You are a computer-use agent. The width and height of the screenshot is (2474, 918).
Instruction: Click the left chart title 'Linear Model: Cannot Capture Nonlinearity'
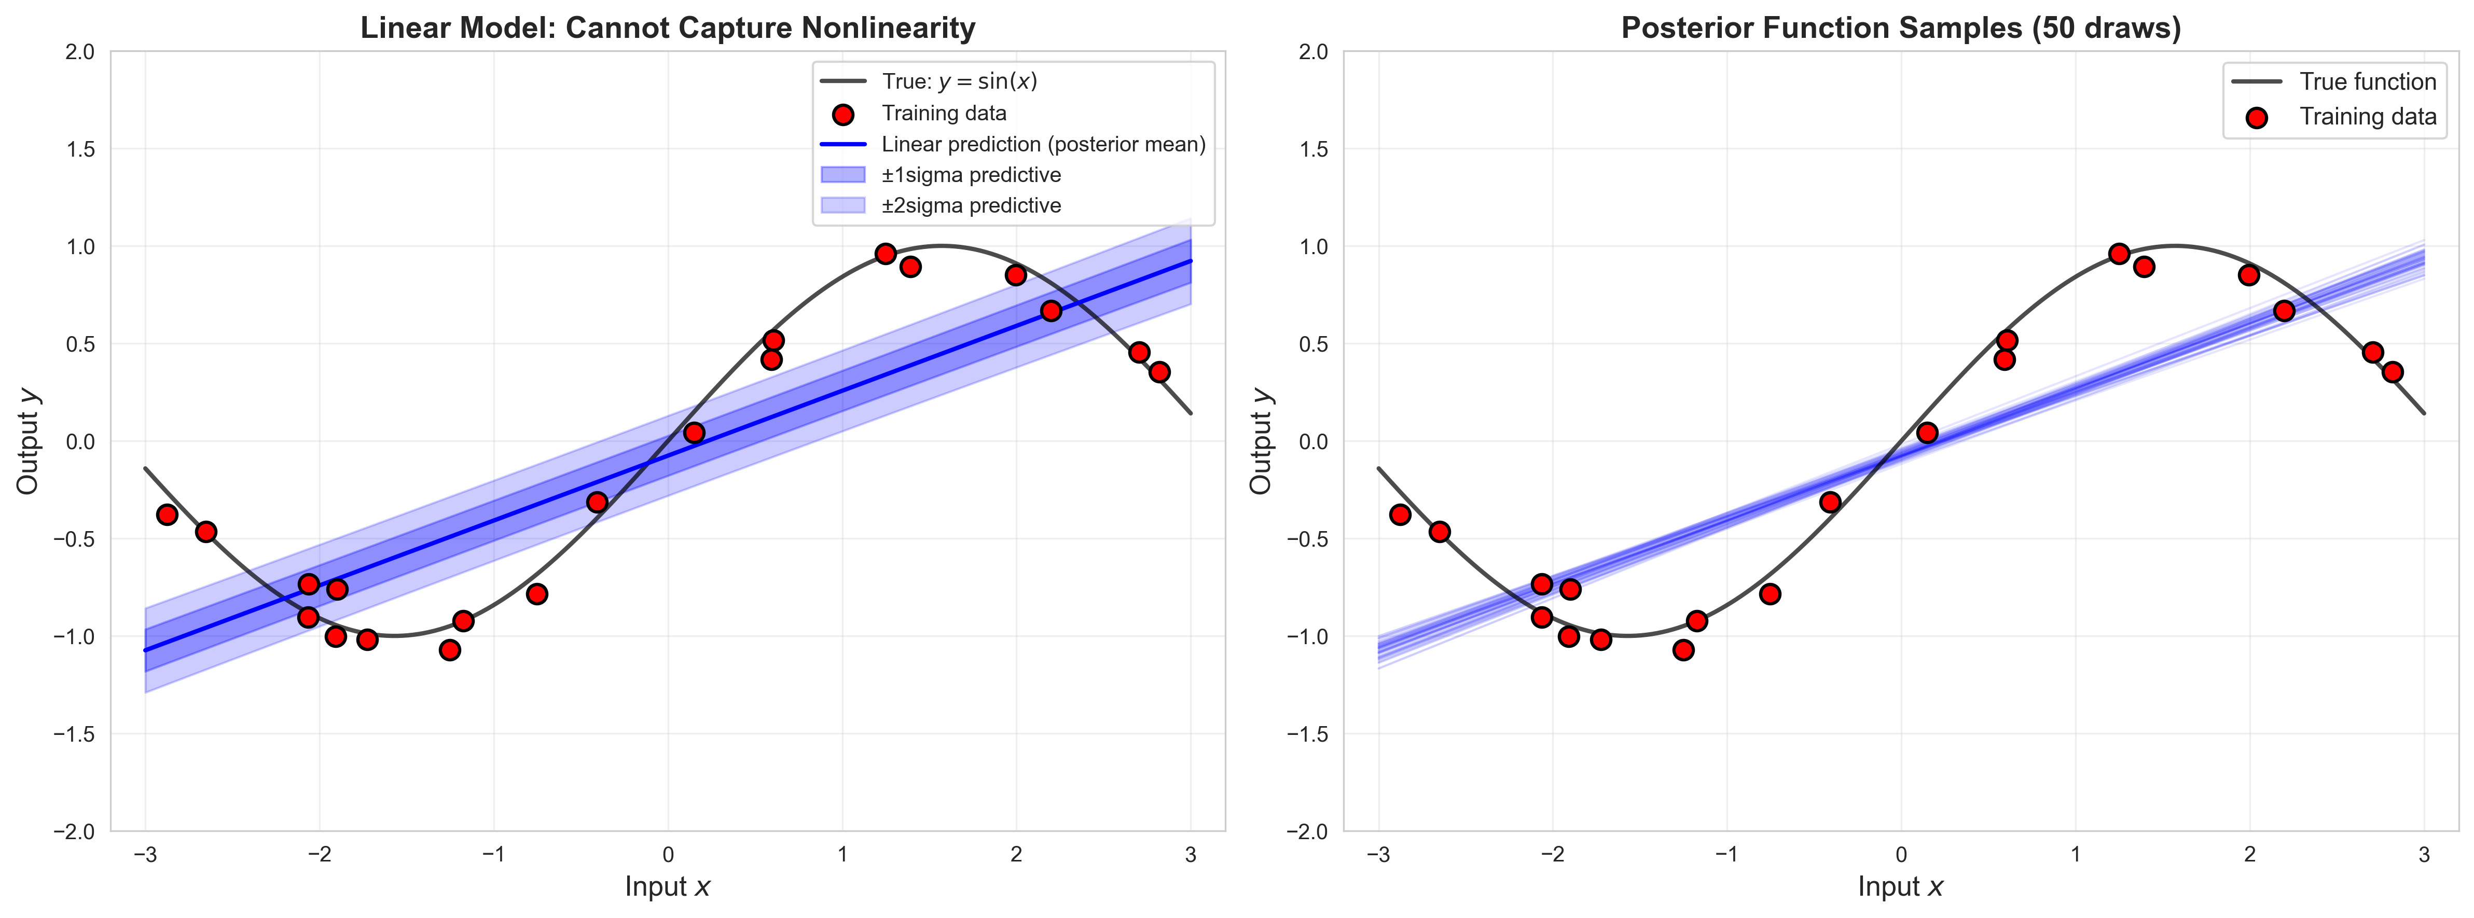[668, 28]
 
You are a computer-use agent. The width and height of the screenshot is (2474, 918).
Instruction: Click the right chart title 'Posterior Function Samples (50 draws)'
[1901, 28]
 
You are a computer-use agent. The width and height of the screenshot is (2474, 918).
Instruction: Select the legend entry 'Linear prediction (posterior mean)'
[1043, 144]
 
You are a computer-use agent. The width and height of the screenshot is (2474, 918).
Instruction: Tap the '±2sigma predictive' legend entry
[971, 205]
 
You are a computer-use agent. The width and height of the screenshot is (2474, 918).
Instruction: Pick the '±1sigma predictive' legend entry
[971, 175]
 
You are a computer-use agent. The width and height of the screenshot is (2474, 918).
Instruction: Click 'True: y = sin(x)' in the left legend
[959, 81]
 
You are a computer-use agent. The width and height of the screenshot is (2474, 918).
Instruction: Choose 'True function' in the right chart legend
[2368, 81]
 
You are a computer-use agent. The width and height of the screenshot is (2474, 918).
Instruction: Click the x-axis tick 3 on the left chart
[1191, 855]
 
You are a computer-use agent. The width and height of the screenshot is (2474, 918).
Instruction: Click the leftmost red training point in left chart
[167, 514]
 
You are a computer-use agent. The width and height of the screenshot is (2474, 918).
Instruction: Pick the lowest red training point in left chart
[449, 650]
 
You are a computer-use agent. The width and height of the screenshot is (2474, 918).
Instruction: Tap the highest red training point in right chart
[2119, 254]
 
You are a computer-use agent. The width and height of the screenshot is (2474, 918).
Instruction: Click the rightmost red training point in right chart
[2393, 372]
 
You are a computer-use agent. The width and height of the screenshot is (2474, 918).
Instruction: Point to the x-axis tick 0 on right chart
[1901, 855]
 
